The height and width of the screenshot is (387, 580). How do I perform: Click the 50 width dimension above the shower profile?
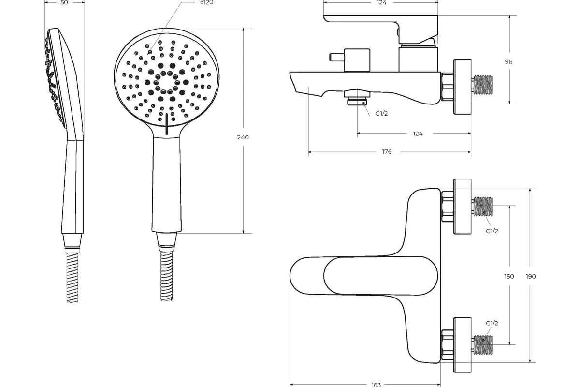coord(64,2)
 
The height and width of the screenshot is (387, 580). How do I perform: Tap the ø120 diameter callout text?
coord(207,2)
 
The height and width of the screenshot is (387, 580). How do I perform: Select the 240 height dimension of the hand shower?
coord(243,137)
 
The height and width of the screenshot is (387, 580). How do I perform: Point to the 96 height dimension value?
coord(508,62)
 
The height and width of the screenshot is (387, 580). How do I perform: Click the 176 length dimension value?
coord(387,151)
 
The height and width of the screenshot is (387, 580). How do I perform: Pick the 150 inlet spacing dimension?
coord(509,276)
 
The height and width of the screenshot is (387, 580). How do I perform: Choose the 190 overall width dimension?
coord(531,276)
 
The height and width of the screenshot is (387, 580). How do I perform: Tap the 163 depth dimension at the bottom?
coord(376,385)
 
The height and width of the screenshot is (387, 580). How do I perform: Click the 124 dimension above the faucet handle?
coord(382,2)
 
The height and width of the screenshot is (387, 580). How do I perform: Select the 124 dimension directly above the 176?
coord(418,134)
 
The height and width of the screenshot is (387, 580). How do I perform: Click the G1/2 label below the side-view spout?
coord(381,113)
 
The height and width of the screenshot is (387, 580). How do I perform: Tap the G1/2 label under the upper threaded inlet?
coord(492,231)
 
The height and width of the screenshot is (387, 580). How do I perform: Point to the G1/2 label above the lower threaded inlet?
coord(492,323)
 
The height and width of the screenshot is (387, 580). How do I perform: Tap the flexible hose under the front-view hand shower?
coord(167,276)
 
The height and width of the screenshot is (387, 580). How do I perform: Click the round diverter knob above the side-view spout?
coord(357,60)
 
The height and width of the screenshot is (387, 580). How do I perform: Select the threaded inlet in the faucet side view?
coord(483,85)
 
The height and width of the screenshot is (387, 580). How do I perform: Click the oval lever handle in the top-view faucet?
coord(381,276)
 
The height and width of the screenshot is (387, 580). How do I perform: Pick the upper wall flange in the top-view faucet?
coord(462,207)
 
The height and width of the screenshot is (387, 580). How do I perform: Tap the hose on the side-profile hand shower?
coord(72,277)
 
